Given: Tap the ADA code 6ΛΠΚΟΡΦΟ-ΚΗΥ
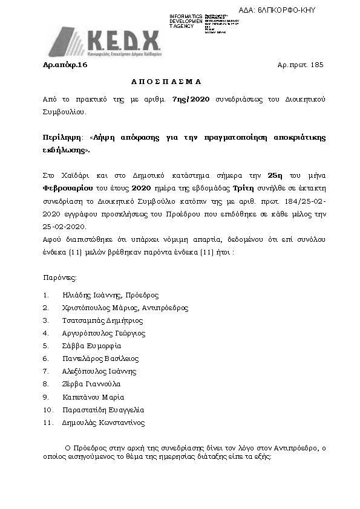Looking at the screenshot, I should pos(286,10).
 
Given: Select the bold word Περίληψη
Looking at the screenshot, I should pos(60,138).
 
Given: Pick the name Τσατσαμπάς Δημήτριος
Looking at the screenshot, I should pos(102,320).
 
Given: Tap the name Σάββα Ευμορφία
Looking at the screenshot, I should pos(91,346).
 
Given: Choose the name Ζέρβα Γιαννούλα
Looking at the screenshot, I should pos(91,384).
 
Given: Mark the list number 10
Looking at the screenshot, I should pos(48,410).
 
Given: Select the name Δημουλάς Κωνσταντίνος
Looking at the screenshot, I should pos(103,423).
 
